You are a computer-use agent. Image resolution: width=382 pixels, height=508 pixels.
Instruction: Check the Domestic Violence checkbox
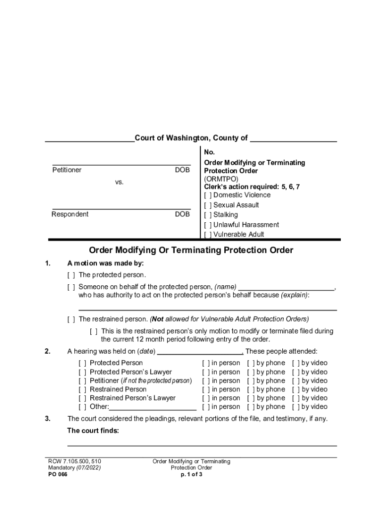point(208,195)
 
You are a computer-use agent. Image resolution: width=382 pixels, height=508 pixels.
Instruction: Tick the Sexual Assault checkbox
point(208,205)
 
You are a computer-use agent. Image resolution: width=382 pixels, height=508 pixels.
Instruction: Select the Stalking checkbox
point(208,215)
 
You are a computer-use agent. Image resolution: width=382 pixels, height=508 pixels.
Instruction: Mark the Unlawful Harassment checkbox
point(208,225)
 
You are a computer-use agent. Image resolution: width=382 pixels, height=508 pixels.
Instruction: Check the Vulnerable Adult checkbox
point(208,235)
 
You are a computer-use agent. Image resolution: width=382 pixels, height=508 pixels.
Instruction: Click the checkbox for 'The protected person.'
point(71,275)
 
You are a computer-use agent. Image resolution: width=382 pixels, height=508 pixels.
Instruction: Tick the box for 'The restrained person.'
point(71,319)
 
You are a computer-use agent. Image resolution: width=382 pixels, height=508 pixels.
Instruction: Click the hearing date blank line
point(199,352)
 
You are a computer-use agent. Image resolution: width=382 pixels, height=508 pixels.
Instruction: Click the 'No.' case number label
point(209,153)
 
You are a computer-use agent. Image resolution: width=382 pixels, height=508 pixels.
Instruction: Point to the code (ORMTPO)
point(221,179)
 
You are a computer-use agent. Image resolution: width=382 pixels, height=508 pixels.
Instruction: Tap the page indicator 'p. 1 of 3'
point(191,474)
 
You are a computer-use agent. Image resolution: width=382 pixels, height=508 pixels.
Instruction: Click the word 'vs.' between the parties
point(119,183)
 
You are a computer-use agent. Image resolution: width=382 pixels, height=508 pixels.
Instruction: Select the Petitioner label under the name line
point(67,170)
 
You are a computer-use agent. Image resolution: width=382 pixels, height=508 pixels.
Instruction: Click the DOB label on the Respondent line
point(182,214)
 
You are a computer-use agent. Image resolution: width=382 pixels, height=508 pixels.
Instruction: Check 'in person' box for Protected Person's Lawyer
point(206,372)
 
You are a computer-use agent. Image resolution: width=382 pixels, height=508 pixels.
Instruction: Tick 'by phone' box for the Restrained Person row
point(251,389)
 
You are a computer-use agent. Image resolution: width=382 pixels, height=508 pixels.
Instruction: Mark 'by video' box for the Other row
point(296,407)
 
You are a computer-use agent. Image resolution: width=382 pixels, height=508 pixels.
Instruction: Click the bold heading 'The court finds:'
point(93,431)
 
